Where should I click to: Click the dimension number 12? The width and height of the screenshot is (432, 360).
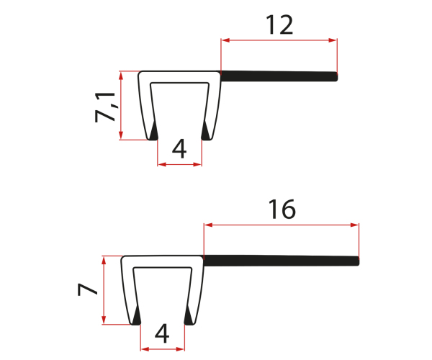tap(279, 25)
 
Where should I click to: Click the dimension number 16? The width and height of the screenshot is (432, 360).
tap(282, 210)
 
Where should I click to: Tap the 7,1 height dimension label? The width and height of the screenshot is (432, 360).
tap(105, 107)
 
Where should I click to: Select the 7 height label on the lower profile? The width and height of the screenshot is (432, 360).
tap(87, 289)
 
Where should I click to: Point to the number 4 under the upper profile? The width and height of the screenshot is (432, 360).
tap(179, 148)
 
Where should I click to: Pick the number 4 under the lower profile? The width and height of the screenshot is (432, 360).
tap(162, 333)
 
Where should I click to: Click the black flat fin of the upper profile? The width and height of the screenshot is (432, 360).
tap(279, 76)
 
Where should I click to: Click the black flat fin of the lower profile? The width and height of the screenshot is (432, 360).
tap(282, 261)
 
